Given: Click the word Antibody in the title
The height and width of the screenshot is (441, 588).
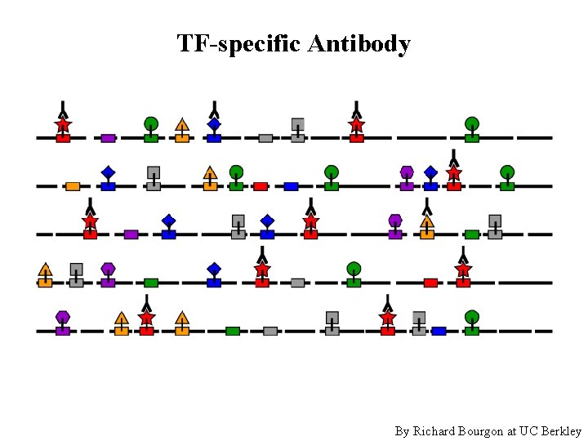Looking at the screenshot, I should tap(359, 43).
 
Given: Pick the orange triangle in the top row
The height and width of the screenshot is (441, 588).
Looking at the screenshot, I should tap(182, 125).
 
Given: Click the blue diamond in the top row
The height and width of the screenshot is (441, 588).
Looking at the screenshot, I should tap(214, 124).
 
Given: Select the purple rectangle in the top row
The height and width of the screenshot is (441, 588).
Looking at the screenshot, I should tap(108, 138).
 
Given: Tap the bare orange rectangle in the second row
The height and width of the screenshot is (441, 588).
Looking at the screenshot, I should tap(73, 186).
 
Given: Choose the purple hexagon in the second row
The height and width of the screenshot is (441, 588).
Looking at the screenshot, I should tap(407, 171).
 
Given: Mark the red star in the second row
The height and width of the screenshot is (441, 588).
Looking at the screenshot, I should tap(454, 173).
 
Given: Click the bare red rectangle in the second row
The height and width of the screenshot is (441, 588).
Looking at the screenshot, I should tap(261, 186).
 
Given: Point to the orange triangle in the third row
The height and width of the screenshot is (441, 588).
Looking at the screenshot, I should tap(427, 220).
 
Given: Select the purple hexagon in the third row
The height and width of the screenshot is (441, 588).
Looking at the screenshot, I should tap(395, 220).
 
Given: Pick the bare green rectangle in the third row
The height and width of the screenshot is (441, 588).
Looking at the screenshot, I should tap(471, 234).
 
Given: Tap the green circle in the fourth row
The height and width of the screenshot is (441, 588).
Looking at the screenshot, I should tap(354, 269).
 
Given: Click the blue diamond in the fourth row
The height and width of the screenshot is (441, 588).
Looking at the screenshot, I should tap(214, 269).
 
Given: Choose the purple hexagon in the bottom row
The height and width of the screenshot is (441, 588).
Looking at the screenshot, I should tap(63, 317).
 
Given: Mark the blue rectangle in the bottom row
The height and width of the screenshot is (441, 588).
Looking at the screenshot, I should tap(439, 331).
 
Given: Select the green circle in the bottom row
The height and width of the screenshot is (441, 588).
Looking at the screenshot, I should tap(471, 317).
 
